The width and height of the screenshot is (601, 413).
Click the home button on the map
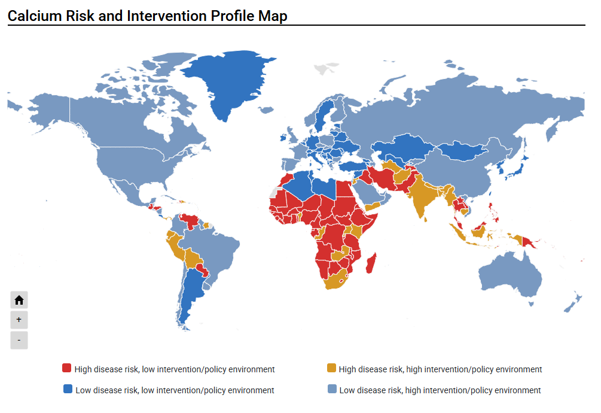pos(19,300)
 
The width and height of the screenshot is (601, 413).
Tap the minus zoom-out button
pos(19,340)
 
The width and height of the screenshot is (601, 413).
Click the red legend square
pos(67,368)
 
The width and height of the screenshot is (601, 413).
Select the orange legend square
pos(331,368)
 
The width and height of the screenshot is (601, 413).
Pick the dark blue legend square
pos(68,389)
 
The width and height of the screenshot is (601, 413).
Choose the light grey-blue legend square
pos(331,389)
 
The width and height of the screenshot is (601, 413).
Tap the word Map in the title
pos(273,16)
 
